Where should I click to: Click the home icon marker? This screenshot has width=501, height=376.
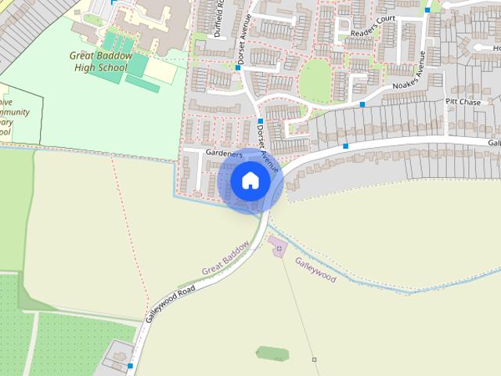pyautogui.click(x=250, y=181)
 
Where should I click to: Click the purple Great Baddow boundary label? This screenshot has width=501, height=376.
pyautogui.click(x=225, y=258)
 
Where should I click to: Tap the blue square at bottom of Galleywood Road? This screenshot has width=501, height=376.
pyautogui.click(x=130, y=365)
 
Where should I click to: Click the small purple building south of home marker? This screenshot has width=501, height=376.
pyautogui.click(x=279, y=249)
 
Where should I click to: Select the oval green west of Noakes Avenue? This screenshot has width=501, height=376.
pyautogui.click(x=315, y=80)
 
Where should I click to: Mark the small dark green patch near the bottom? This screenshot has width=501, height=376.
pyautogui.click(x=272, y=353)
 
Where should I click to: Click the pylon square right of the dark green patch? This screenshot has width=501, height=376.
pyautogui.click(x=314, y=359)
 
